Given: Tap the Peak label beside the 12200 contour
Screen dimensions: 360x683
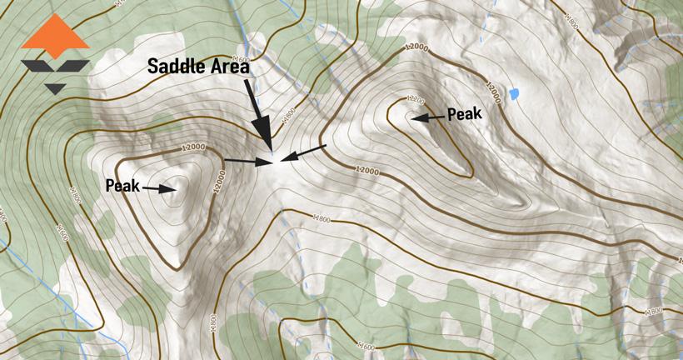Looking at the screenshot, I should [x=465, y=114].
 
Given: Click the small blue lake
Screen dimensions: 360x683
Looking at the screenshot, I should [x=515, y=92].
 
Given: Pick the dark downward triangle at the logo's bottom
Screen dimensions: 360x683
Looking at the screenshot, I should [x=56, y=87].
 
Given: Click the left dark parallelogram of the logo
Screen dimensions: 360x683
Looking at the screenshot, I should [x=40, y=67].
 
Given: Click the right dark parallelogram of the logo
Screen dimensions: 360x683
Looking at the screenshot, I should [x=73, y=67].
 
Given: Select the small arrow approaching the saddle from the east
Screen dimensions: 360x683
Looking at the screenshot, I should [x=305, y=152].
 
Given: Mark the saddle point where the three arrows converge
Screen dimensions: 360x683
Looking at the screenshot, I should [x=273, y=159].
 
